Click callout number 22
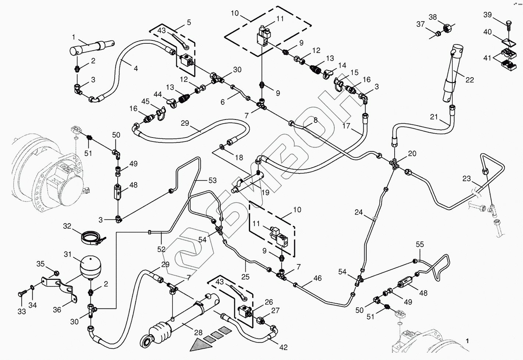pyautogui.click(x=470, y=79)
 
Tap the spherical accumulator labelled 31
pyautogui.click(x=90, y=268)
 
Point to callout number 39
pyautogui.click(x=487, y=15)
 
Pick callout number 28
pyautogui.click(x=198, y=333)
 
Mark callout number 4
pyautogui.click(x=136, y=68)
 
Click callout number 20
pyautogui.click(x=412, y=153)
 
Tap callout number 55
pyautogui.click(x=420, y=244)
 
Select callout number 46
pyautogui.click(x=317, y=278)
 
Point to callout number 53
pyautogui.click(x=212, y=181)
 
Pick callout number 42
pyautogui.click(x=284, y=347)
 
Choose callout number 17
pyautogui.click(x=346, y=125)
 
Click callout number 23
pyautogui.click(x=466, y=179)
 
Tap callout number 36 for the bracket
pyautogui.click(x=57, y=310)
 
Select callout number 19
pyautogui.click(x=265, y=192)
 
